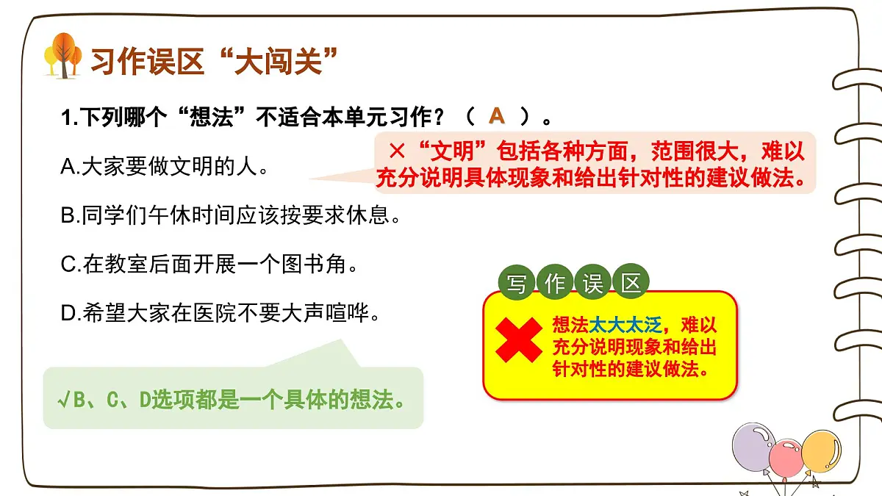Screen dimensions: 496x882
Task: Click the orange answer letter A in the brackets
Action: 498,115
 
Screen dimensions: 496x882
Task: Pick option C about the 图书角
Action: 209,265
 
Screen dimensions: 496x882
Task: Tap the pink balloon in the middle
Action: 787,457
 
